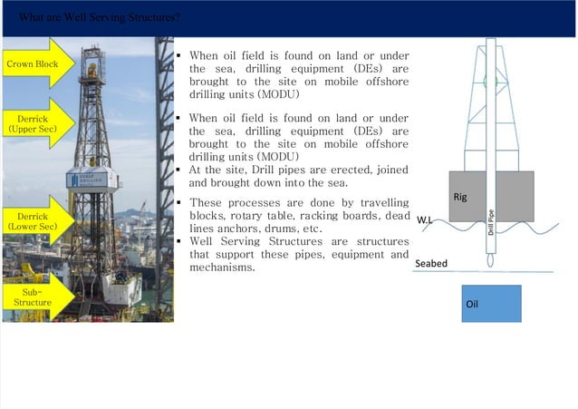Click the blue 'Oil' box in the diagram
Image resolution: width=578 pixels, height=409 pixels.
coord(491,304)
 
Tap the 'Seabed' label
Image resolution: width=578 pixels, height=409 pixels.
coord(431,263)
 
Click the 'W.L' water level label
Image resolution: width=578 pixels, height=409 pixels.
coord(424,220)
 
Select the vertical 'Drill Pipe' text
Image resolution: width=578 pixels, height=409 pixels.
coord(491,221)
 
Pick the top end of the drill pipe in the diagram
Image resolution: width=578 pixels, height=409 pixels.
coord(491,42)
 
